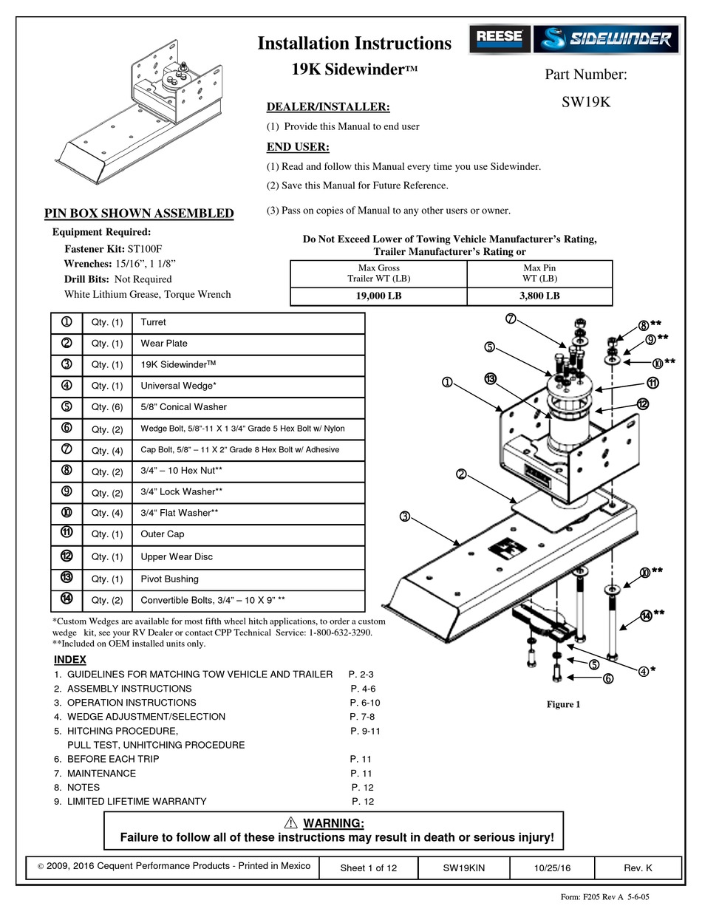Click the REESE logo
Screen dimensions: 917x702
[x=499, y=38]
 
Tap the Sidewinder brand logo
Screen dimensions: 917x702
[x=605, y=38]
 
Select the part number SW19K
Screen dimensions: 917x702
[x=585, y=103]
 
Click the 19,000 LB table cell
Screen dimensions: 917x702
[x=379, y=296]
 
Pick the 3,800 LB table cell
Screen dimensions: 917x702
[x=539, y=296]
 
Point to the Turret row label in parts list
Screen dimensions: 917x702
[x=153, y=322]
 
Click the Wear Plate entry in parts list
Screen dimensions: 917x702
[x=163, y=344]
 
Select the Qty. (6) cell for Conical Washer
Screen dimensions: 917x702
[x=106, y=407]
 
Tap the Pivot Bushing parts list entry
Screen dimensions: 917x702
[x=169, y=579]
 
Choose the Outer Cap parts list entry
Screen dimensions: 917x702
[x=162, y=534]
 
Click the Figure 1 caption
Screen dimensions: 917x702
[x=563, y=704]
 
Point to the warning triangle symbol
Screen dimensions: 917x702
[x=290, y=823]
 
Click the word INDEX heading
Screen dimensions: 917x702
[x=70, y=659]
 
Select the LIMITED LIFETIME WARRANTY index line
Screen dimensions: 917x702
[x=137, y=801]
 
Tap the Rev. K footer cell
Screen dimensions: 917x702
[x=638, y=868]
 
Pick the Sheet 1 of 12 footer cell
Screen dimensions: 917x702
[x=368, y=868]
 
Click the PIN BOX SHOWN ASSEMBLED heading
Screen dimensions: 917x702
[x=139, y=214]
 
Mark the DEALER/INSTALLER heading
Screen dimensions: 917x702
[x=327, y=107]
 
